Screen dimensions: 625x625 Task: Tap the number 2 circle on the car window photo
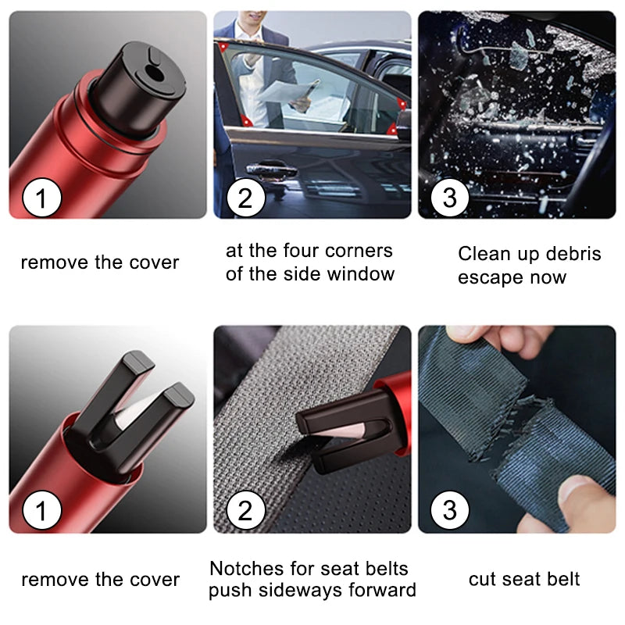pos(245,198)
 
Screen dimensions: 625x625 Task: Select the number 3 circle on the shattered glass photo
pos(449,198)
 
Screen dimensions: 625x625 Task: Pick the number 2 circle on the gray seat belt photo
pos(245,512)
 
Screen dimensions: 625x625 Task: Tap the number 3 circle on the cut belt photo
pos(449,511)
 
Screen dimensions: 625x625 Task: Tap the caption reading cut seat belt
pos(524,579)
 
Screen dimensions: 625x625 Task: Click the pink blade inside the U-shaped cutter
pos(130,411)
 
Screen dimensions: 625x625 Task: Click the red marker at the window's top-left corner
pos(225,47)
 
